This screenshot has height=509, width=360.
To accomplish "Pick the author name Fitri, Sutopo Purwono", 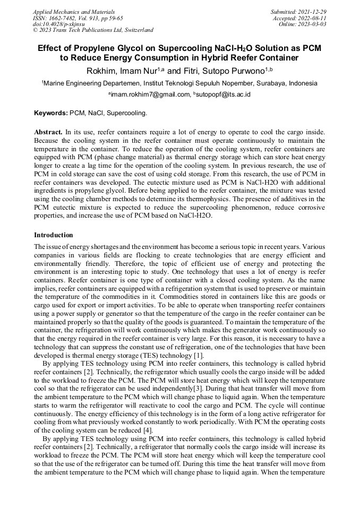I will point(229,71).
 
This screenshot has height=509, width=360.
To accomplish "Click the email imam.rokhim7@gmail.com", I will point(150,94).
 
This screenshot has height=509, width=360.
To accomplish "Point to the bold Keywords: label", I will point(51,113).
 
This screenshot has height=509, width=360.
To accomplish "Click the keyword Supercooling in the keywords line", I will point(128,113).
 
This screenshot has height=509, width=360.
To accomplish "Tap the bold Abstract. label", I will point(48,131).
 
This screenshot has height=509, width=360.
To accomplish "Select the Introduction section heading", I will point(54,235).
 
